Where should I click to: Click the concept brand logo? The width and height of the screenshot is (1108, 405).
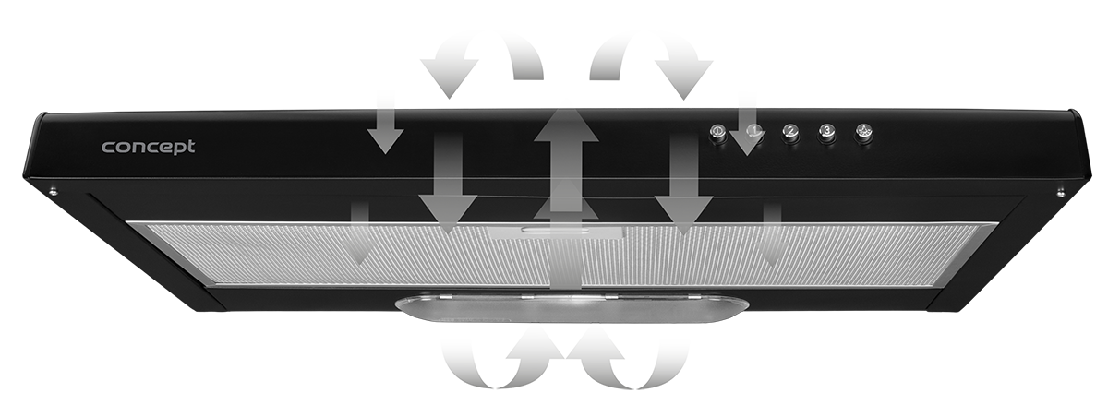(149, 148)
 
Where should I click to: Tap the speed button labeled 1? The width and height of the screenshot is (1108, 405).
(753, 131)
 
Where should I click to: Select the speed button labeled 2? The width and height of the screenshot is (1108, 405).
(790, 132)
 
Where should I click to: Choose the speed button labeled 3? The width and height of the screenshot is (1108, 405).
(826, 131)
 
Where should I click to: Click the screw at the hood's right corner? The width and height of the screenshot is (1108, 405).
(1061, 190)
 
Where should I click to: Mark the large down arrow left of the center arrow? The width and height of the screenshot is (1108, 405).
(448, 184)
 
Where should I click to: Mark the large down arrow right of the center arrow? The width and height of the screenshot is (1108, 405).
(684, 184)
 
